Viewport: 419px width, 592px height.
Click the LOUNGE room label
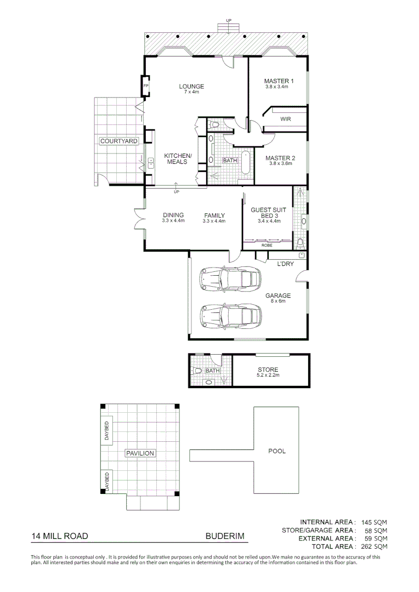coord(191,87)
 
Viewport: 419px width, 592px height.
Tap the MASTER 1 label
coord(279,82)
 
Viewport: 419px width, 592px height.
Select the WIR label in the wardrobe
coord(285,119)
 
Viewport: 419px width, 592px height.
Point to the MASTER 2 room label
coord(280,158)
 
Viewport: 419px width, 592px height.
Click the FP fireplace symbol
coord(146,87)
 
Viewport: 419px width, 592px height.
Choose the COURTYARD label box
coord(118,141)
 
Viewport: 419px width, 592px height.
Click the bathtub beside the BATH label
coord(245,162)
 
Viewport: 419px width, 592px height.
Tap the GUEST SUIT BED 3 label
coord(269,213)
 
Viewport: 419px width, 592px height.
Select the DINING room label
coord(173,215)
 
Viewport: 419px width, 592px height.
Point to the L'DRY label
coord(285,264)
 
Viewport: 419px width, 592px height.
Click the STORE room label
coord(268,370)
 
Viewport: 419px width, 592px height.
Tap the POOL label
coord(276,452)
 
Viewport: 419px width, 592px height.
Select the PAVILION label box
coord(140,453)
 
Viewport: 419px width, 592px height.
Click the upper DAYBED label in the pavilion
coord(107,431)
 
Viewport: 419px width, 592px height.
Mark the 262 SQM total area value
coord(375,547)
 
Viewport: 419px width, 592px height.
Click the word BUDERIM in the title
coord(224,537)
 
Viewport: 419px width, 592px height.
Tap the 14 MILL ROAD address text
coord(60,537)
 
